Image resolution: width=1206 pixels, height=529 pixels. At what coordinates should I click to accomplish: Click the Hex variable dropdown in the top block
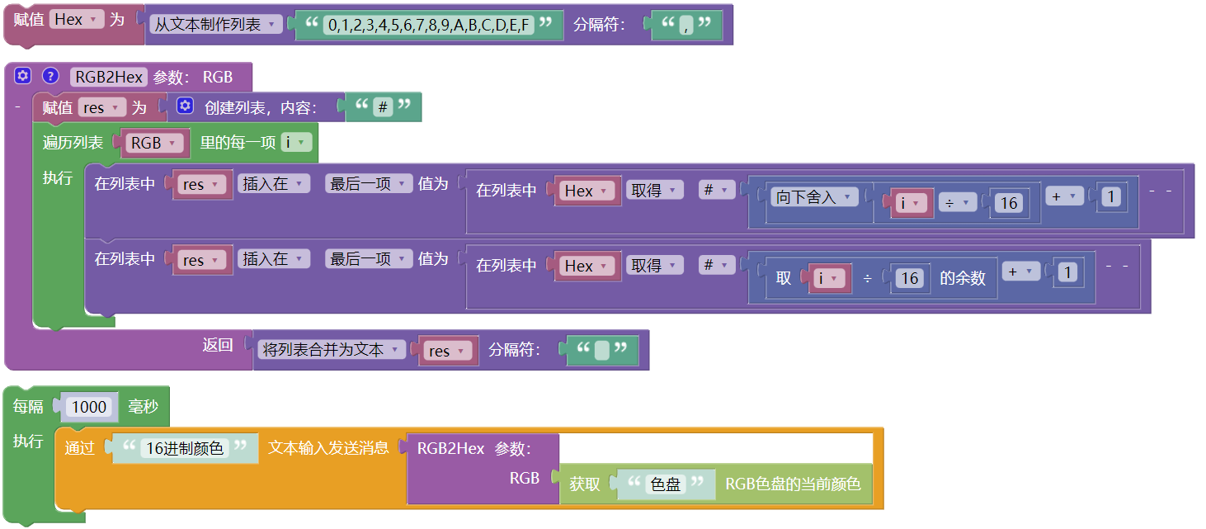[75, 19]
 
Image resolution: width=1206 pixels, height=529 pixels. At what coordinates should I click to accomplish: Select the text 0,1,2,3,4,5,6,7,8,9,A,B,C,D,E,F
[428, 25]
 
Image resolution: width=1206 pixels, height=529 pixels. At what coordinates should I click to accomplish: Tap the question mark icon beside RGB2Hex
[50, 76]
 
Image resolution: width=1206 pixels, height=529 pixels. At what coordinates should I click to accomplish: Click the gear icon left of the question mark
[22, 76]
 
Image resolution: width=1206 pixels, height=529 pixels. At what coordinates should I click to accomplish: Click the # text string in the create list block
[382, 106]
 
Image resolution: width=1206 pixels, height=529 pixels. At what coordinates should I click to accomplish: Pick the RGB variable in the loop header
[152, 143]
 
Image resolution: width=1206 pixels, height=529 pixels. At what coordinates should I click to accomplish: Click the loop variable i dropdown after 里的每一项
[296, 142]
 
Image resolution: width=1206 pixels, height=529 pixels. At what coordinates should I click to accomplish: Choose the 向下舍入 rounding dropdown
[813, 196]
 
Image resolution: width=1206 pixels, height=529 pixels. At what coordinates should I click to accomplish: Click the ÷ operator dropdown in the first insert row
[957, 202]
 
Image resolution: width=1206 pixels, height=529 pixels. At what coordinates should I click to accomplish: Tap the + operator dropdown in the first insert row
[1064, 196]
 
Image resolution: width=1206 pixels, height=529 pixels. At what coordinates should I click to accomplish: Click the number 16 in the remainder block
[909, 278]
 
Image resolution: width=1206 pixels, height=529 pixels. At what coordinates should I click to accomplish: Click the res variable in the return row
[445, 351]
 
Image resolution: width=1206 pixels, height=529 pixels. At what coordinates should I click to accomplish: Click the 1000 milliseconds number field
[89, 406]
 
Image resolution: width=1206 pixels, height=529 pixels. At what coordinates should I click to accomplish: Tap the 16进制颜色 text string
[184, 448]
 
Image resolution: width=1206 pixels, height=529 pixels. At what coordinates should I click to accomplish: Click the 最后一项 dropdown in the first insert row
[367, 183]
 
